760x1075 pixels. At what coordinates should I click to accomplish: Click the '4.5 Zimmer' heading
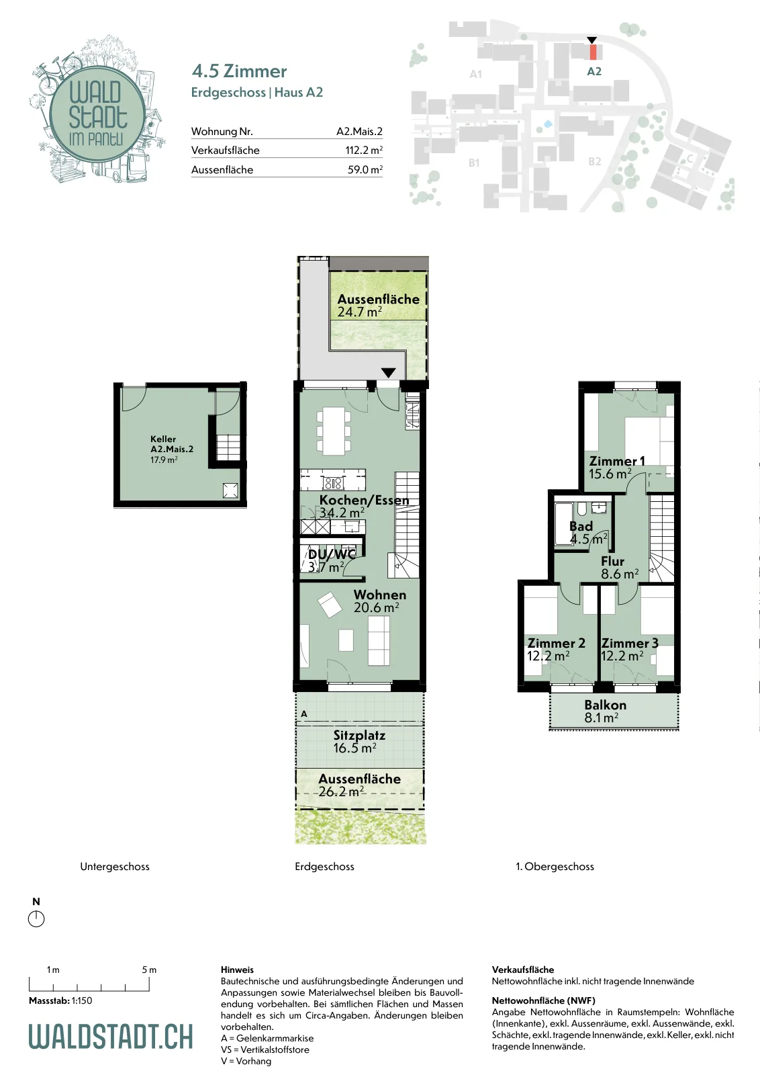pos(239,71)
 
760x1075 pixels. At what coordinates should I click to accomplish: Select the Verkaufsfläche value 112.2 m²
pos(364,150)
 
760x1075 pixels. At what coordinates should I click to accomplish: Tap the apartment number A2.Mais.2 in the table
pos(359,131)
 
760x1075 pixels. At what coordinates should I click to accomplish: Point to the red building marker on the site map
pos(593,52)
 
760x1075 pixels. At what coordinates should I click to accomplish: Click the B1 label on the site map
pos(474,163)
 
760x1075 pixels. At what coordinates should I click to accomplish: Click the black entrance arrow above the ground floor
pos(388,372)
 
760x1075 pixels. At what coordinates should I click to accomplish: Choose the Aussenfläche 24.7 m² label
pos(379,305)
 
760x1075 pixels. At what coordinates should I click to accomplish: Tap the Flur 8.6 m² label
pos(620,567)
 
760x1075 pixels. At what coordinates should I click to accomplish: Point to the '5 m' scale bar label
pos(149,970)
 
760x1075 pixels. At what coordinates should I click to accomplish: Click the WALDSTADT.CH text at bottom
pos(111,1036)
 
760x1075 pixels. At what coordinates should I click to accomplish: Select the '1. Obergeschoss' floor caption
pos(555,867)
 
